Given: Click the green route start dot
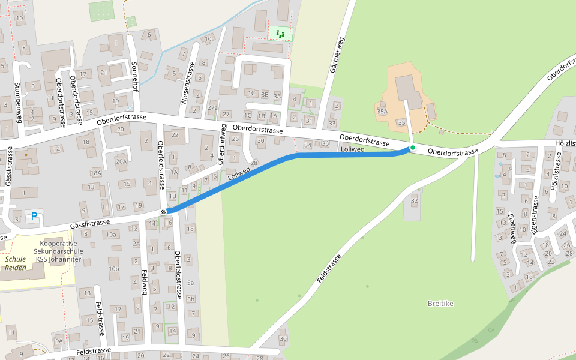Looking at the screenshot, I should click(412, 148).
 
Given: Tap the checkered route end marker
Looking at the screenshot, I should click(164, 212).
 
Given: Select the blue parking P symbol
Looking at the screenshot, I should click(34, 216).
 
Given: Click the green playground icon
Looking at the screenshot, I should click(279, 33).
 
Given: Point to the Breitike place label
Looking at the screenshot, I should click(440, 304).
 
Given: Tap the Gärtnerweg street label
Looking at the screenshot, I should click(337, 55).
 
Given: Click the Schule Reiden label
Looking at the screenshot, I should click(16, 263).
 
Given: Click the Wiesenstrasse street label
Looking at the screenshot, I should click(188, 84).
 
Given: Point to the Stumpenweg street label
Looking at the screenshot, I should click(17, 102).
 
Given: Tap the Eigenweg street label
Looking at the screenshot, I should click(512, 228).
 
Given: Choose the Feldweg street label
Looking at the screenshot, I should click(144, 282).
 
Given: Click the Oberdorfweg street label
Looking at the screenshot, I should click(221, 144).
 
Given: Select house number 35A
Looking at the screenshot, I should click(382, 112).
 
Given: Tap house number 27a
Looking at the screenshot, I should click(212, 107).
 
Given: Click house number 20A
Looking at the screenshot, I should click(122, 161).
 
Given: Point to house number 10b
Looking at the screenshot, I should click(114, 269).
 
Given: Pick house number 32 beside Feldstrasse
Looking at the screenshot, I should click(414, 200).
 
